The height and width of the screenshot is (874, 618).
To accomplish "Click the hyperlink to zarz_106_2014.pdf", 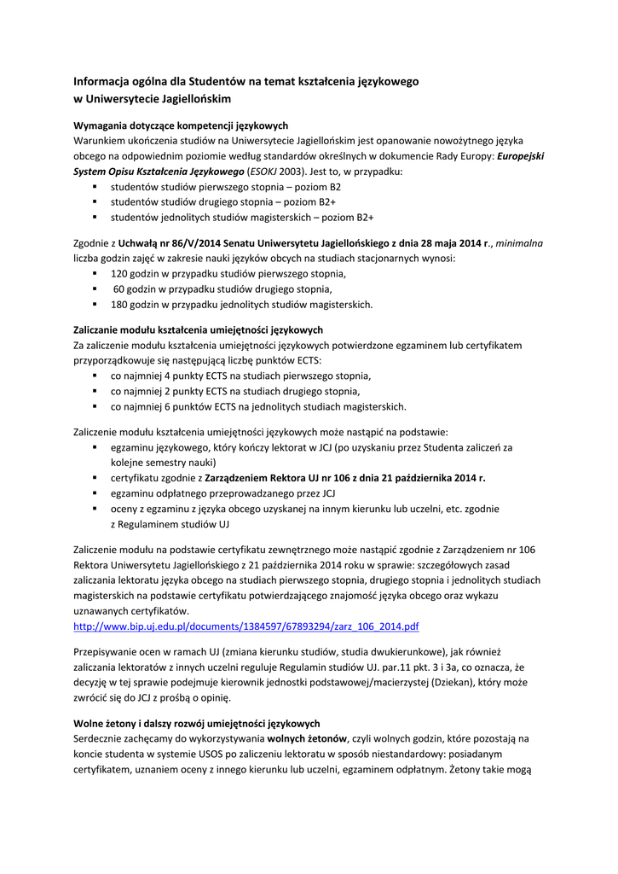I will (x=247, y=626).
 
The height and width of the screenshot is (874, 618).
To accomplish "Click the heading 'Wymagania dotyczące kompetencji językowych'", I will (x=181, y=125).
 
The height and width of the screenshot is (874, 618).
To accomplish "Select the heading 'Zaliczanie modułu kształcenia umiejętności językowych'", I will (x=199, y=329).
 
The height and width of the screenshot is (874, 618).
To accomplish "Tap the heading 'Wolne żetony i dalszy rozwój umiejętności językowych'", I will (x=197, y=723).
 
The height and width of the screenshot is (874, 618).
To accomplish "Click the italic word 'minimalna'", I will (x=520, y=243).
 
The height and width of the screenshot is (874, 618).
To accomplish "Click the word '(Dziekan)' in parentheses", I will (x=461, y=683).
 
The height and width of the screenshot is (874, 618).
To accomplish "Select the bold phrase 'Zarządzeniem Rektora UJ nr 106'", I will (x=283, y=478).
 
